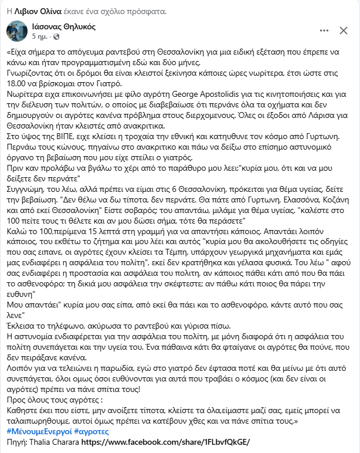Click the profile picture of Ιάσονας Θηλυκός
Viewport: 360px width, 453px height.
[x=16, y=32]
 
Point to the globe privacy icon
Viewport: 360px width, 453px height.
[x=56, y=38]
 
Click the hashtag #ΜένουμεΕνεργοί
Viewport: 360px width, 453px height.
[x=38, y=431]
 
